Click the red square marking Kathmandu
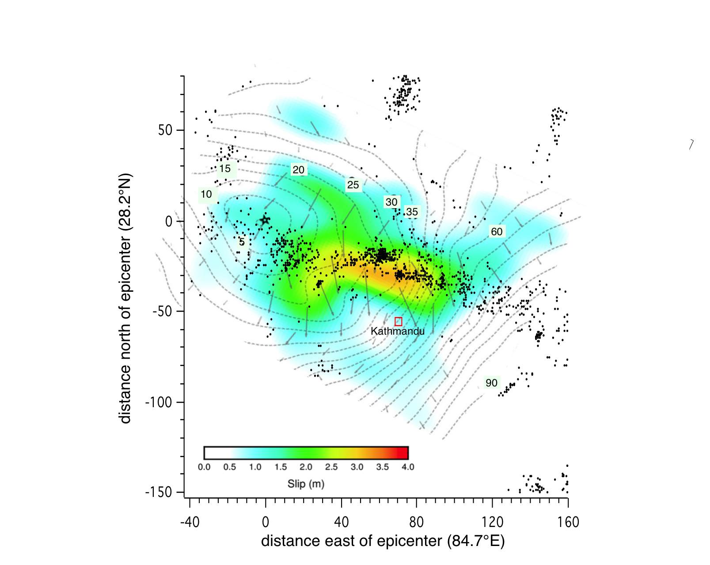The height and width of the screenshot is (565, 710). coord(398,321)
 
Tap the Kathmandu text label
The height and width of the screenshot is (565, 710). coord(398,331)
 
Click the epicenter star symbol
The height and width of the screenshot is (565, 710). coord(265,220)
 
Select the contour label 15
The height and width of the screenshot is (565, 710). coord(225,168)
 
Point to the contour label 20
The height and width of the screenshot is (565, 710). coord(299,170)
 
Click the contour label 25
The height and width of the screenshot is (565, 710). coord(353,185)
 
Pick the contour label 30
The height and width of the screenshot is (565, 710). coord(391,202)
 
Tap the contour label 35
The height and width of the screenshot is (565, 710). coord(412,212)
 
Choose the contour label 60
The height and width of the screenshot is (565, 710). coord(497,232)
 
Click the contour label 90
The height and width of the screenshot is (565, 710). coord(491,383)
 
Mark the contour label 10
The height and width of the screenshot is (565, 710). coord(206,194)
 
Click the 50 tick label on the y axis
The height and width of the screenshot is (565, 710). coord(165,130)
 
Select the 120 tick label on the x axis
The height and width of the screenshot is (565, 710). coord(492,523)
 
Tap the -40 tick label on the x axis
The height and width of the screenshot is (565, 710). coord(190,523)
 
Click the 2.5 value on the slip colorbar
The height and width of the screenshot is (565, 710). coord(331,467)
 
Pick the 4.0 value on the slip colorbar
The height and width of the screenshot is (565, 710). coord(407,467)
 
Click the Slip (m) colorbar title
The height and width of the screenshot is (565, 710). coord(306,484)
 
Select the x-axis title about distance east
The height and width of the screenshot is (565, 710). coord(383,541)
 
